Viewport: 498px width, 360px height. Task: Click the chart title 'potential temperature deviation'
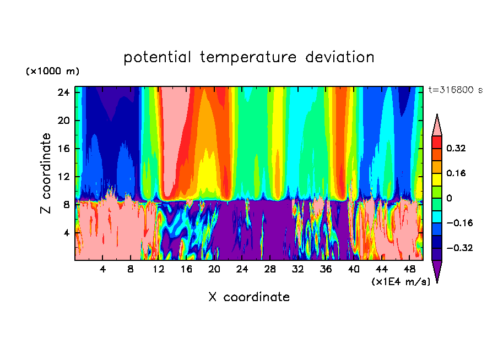[x=249, y=57]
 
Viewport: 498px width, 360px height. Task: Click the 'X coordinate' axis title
[x=249, y=297]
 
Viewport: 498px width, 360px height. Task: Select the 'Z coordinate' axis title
[x=46, y=173]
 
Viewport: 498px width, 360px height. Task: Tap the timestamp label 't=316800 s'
[x=456, y=90]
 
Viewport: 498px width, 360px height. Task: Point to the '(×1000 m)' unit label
[x=52, y=72]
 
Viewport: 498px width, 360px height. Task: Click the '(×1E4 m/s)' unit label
[x=400, y=281]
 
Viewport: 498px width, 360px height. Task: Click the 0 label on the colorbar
[x=449, y=198]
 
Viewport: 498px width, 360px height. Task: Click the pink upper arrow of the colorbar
[x=437, y=126]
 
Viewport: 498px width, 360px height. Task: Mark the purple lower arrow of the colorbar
[x=437, y=270]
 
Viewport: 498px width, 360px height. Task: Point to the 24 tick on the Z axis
[x=62, y=92]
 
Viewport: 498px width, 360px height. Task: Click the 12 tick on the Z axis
[x=62, y=177]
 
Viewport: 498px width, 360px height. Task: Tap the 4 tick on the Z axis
[x=66, y=233]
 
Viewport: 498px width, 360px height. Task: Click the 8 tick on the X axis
[x=131, y=269]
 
